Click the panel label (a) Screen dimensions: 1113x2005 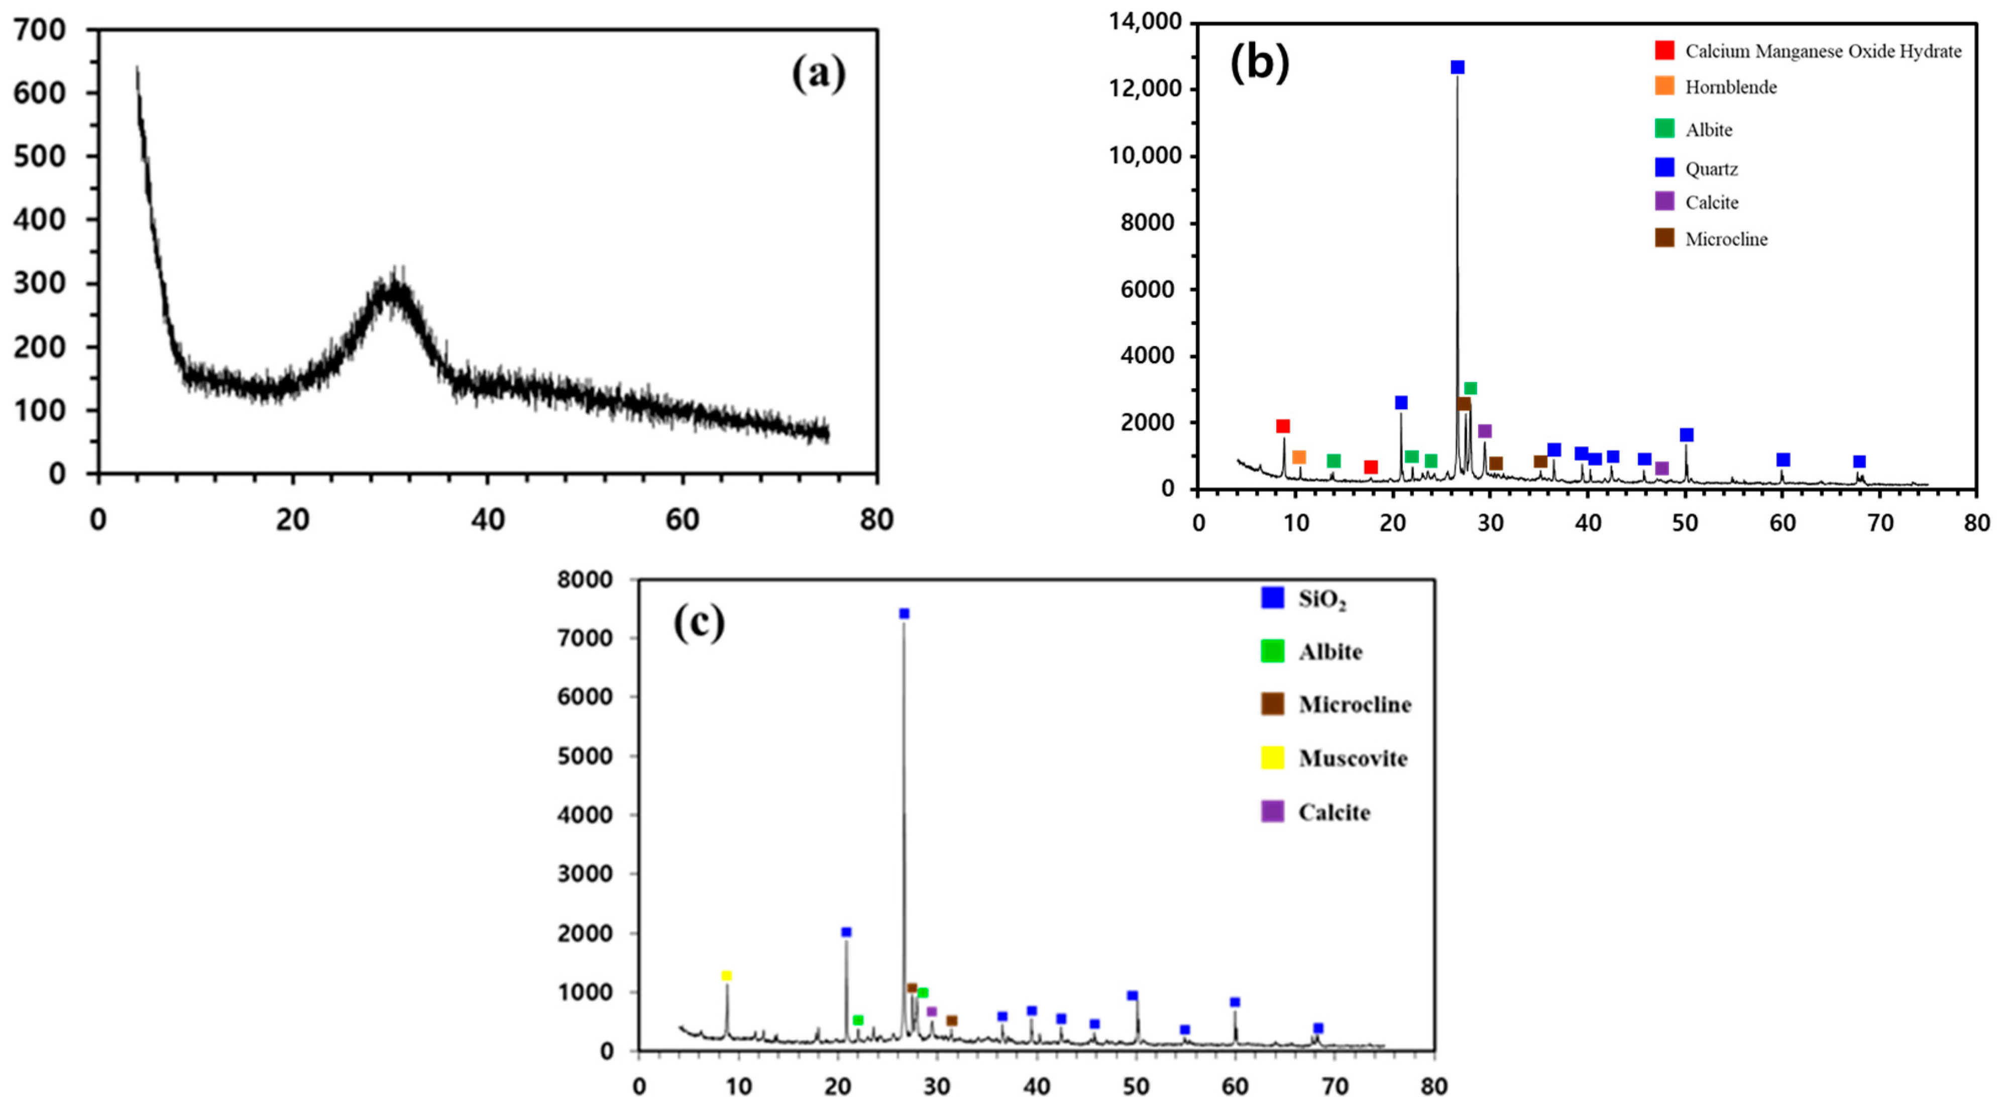[818, 75]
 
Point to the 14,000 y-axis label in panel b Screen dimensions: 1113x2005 [1145, 22]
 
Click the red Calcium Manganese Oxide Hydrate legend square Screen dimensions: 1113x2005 [1664, 51]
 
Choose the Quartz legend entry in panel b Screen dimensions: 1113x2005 [1711, 169]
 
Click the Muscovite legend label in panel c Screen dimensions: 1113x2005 [1353, 759]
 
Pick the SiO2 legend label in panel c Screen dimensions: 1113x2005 [1321, 599]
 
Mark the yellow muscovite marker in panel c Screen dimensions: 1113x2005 [726, 975]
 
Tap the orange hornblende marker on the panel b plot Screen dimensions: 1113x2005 [1298, 457]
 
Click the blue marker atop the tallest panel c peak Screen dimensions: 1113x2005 [904, 613]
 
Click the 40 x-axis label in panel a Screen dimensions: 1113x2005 [487, 519]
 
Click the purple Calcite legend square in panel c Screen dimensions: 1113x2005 [1272, 812]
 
